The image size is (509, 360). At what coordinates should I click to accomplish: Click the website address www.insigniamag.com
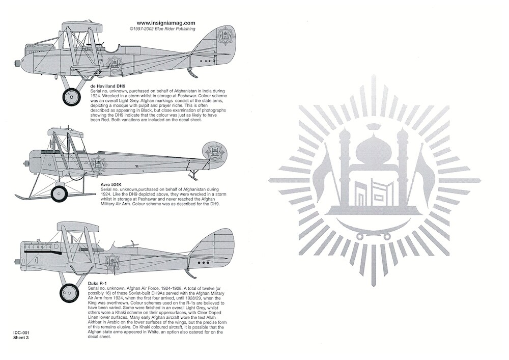pos(165,23)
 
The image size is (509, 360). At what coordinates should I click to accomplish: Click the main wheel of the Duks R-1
pos(69,293)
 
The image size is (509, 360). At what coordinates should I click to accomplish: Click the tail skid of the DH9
pos(191,73)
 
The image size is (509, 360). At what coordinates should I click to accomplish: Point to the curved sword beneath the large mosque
pos(374,226)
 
